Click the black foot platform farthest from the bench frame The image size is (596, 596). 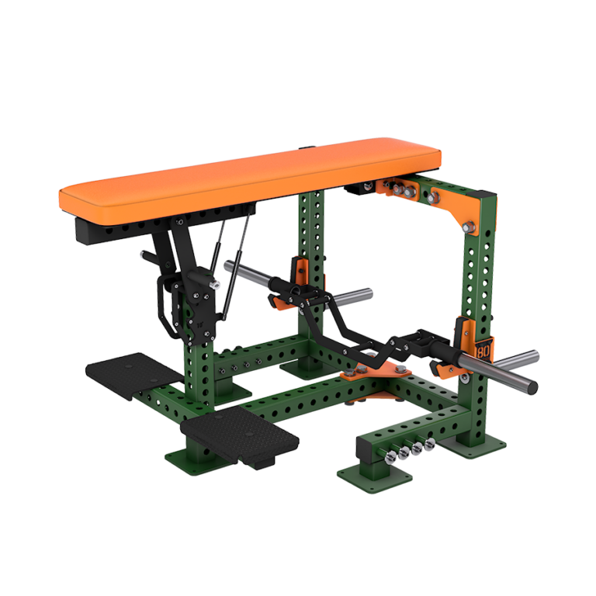pos(124,370)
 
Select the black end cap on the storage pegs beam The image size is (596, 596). pos(365,449)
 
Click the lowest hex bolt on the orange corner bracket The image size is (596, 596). pos(468,227)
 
